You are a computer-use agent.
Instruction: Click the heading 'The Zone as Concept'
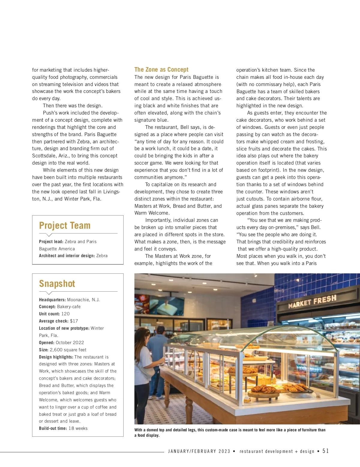[161, 70]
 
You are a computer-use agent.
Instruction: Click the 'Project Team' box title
[64, 225]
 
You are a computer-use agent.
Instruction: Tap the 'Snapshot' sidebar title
[57, 284]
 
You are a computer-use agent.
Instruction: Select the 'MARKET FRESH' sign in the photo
[312, 301]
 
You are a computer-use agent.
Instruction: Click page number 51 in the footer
[325, 451]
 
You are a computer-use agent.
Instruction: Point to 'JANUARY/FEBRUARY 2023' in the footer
[199, 451]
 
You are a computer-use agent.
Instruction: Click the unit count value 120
[65, 314]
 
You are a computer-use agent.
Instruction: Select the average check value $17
[74, 321]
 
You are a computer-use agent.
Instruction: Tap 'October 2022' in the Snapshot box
[70, 343]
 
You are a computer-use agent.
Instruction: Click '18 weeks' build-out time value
[78, 428]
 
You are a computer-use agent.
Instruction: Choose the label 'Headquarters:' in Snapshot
[52, 300]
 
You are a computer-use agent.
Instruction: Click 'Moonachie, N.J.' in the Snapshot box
[83, 300]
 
